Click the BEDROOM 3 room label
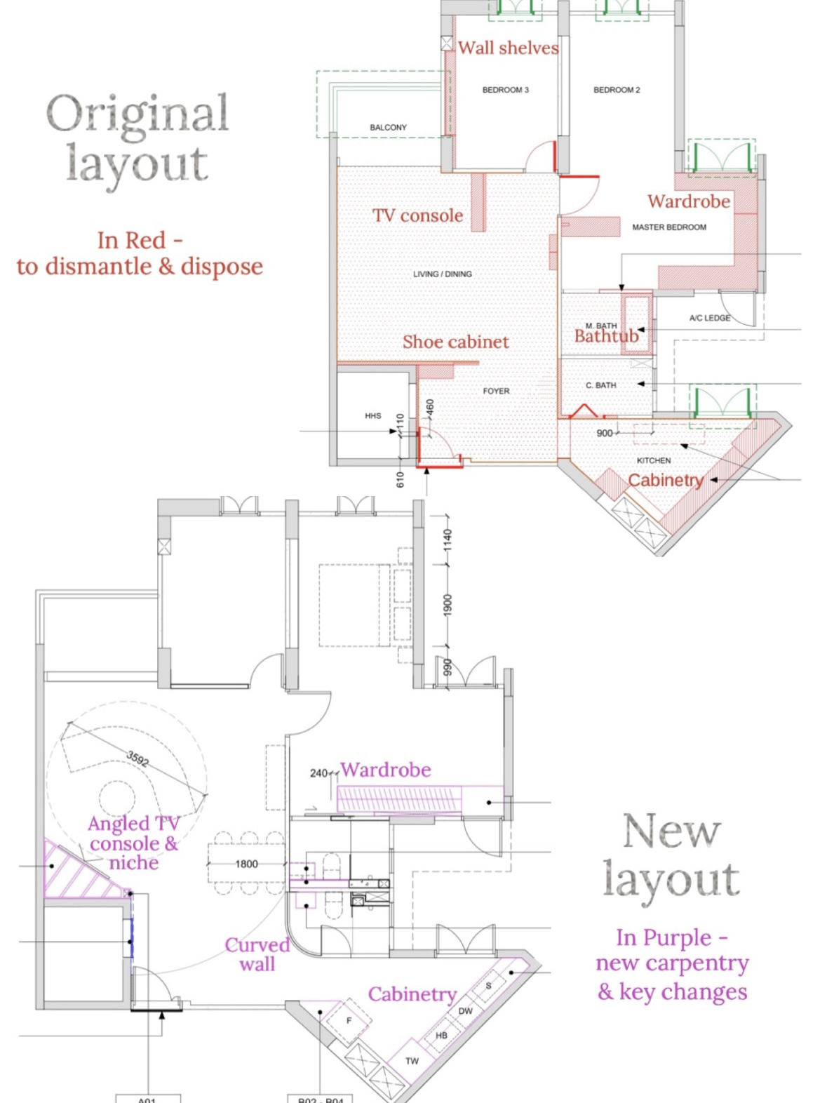coord(505,90)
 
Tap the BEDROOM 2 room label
coord(617,90)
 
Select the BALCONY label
coord(388,128)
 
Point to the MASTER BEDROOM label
coord(669,227)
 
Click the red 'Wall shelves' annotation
coord(508,48)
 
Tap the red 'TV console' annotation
coord(417,215)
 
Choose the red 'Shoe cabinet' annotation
coord(455,342)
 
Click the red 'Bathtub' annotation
coord(606,336)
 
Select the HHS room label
coord(372,416)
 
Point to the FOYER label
coord(496,391)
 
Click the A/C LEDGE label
coord(709,318)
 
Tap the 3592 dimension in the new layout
coord(137,758)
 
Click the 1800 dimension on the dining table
coord(246,864)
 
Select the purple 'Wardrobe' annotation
coord(386,770)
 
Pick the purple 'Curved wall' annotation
coord(257,954)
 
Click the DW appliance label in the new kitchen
coord(465,1011)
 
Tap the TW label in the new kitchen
coord(412,1061)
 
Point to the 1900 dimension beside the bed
coord(448,606)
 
